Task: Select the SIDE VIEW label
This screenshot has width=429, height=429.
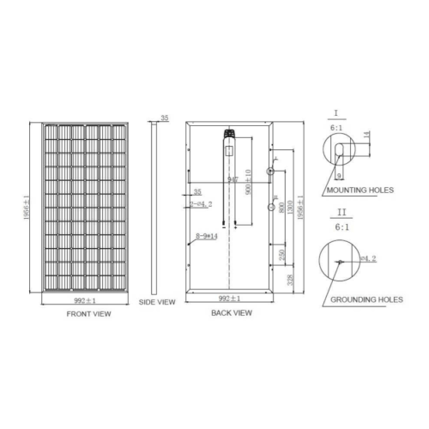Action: click(157, 302)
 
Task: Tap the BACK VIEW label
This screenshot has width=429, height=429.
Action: click(231, 314)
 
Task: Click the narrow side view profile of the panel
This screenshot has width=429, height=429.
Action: click(155, 206)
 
